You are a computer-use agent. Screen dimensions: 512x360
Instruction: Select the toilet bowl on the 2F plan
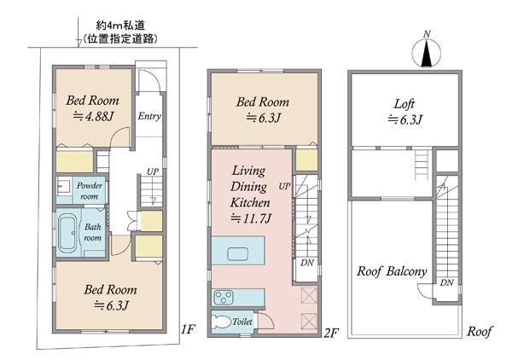tap(220, 322)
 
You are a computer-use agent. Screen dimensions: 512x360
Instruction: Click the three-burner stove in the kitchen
tap(224, 298)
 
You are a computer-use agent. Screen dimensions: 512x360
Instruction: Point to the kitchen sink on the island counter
tap(237, 254)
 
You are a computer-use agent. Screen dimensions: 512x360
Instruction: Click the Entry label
tap(149, 116)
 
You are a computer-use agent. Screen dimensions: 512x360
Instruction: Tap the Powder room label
tap(89, 191)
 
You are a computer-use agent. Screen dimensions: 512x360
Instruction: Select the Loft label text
tap(404, 104)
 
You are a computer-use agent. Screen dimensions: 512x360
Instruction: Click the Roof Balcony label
tap(392, 271)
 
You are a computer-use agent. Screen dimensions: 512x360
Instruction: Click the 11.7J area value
tap(250, 218)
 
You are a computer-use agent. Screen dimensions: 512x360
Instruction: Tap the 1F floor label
tap(188, 329)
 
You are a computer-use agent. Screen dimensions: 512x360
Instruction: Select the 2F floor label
tap(331, 334)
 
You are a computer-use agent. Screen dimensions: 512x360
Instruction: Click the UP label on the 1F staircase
tap(153, 171)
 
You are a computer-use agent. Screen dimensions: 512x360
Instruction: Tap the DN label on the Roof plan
tap(446, 282)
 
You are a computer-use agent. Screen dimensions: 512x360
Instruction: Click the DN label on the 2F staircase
tap(307, 263)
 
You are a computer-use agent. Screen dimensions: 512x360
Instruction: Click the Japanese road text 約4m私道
tap(120, 26)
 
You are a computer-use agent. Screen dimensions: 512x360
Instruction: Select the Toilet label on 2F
tap(242, 322)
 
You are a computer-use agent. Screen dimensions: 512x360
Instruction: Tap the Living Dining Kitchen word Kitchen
tap(250, 202)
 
